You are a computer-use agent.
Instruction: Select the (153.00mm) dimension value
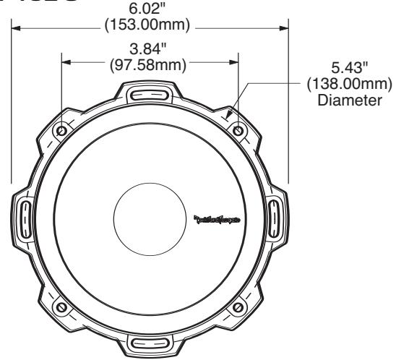[x=150, y=27]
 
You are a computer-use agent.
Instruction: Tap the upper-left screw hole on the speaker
[x=61, y=131]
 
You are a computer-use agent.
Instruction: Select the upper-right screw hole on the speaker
[x=239, y=131]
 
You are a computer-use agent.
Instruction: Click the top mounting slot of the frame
[x=150, y=94]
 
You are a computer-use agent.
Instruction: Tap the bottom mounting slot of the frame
[x=150, y=343]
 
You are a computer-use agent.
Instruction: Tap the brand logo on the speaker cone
[x=217, y=217]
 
